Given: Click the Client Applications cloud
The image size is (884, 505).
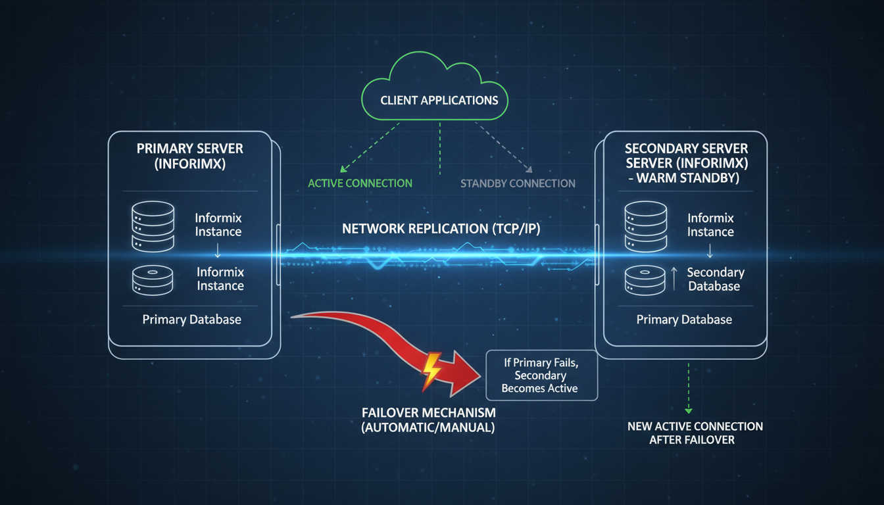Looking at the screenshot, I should pos(439,99).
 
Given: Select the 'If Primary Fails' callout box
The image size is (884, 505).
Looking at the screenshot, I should pos(541,375).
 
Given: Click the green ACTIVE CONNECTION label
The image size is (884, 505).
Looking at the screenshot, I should pos(360,183).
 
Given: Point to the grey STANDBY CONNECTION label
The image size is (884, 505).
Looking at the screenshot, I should pos(518,183).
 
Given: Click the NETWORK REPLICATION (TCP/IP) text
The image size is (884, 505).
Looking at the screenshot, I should pos(442,229).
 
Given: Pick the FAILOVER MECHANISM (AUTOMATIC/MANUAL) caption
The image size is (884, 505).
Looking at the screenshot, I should pos(428,420).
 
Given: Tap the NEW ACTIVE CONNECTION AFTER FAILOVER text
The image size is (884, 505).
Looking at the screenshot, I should pos(695,433).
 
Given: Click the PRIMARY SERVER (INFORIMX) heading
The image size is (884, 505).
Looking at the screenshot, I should pos(190,156).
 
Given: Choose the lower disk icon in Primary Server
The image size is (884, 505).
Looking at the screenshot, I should pos(153,279).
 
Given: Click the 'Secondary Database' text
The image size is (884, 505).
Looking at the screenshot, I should pos(715,279).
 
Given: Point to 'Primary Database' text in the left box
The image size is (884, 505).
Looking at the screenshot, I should pos(192,320).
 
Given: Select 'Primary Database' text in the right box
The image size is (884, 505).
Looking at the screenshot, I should pos(684,320).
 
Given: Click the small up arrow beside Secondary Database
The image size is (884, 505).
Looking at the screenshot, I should pos(674,279).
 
